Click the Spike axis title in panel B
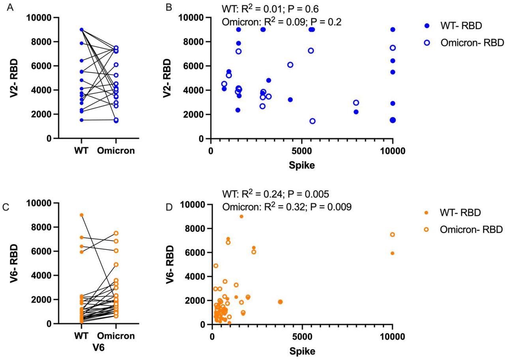pyautogui.click(x=302, y=165)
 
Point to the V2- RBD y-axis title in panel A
pyautogui.click(x=14, y=78)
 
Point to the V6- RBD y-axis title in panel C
pyautogui.click(x=14, y=263)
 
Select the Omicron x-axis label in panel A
pyautogui.click(x=116, y=151)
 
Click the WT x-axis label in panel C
pyautogui.click(x=81, y=336)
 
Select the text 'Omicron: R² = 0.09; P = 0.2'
pyautogui.click(x=282, y=22)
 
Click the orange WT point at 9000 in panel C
pyautogui.click(x=81, y=215)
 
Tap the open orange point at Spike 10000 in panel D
pyautogui.click(x=392, y=235)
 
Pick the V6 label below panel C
pyautogui.click(x=99, y=347)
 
